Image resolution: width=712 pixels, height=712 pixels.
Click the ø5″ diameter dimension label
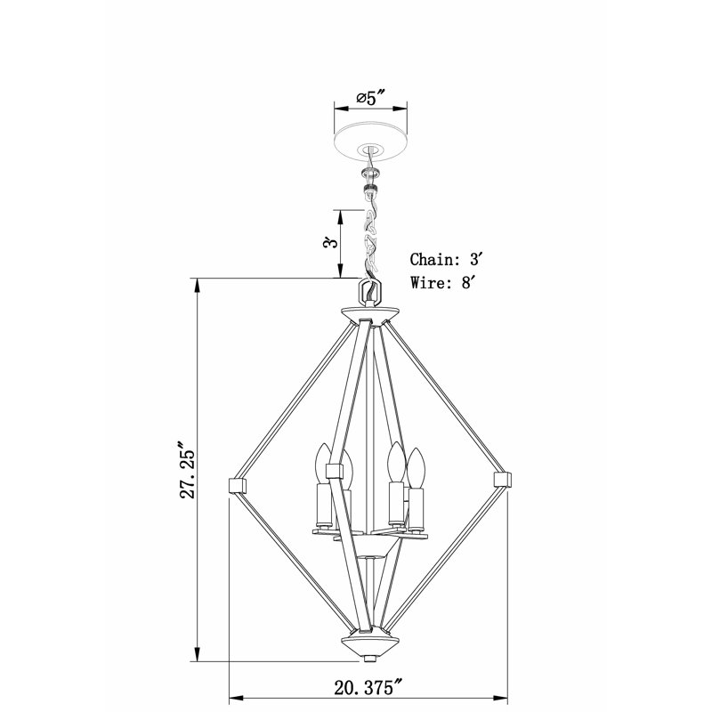click(370, 97)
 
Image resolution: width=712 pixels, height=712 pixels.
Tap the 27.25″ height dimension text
click(187, 470)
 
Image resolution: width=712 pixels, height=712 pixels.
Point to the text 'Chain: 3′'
click(446, 259)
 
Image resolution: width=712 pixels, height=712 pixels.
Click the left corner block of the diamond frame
click(236, 485)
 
